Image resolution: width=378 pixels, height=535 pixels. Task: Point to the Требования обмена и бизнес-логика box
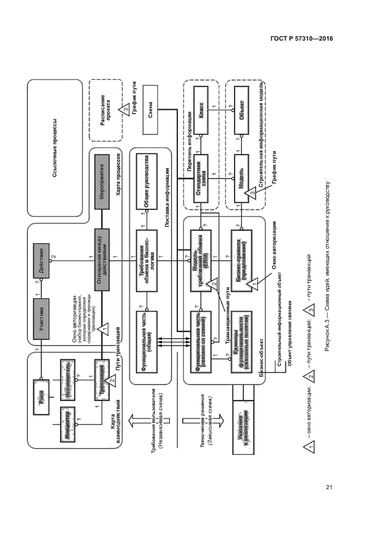click(x=147, y=253)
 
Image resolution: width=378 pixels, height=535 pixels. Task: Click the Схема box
click(x=150, y=113)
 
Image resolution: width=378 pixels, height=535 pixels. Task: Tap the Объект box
click(x=242, y=113)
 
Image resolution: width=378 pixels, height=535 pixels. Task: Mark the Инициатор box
click(x=67, y=422)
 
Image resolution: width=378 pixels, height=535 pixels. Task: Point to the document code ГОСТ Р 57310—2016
click(x=302, y=39)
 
